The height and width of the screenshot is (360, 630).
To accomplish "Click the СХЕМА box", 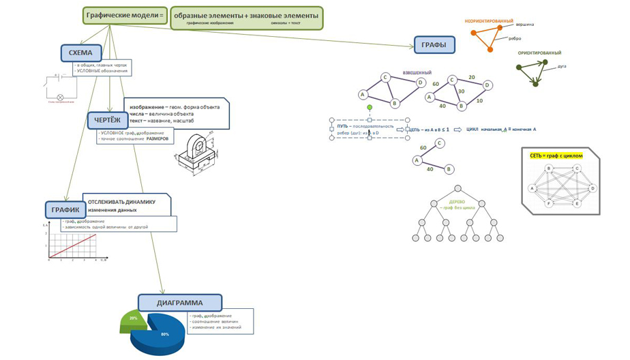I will click(x=80, y=52).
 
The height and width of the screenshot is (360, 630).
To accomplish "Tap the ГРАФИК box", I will click(x=65, y=210).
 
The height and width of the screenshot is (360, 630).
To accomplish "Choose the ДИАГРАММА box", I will click(x=179, y=303).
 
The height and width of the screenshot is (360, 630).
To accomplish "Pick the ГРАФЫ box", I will click(x=434, y=46).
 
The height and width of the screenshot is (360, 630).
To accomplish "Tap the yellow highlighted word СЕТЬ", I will click(x=537, y=155).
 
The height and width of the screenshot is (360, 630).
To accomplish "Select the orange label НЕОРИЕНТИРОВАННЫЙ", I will click(x=489, y=21).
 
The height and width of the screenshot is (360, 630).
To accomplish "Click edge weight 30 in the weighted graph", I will click(x=461, y=91).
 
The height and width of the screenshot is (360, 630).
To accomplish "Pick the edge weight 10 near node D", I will click(x=479, y=101).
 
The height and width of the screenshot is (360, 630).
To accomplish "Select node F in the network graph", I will click(x=549, y=203).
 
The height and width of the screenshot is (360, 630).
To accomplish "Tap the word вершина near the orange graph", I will click(x=524, y=25).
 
